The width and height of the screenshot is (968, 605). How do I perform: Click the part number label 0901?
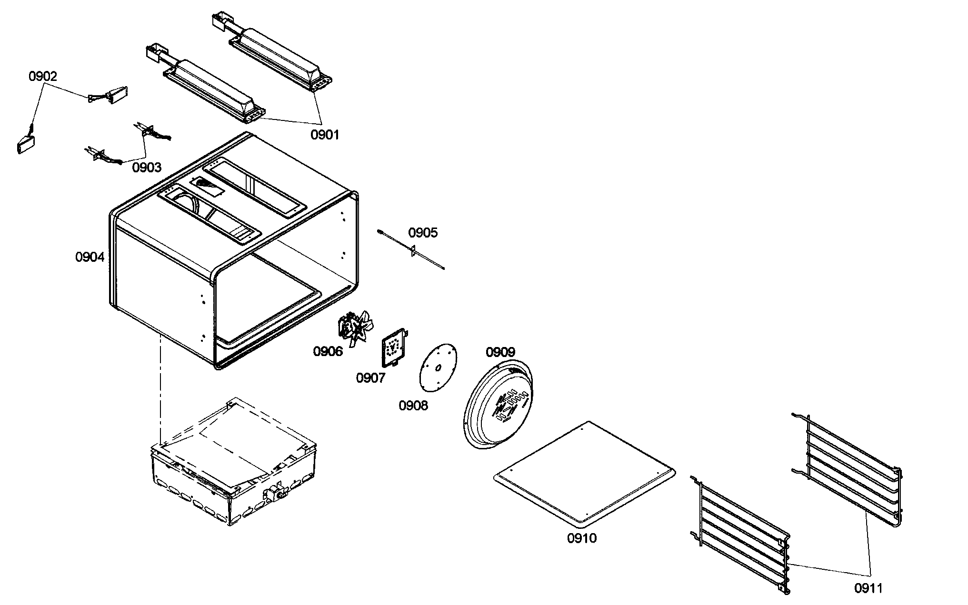pyautogui.click(x=325, y=135)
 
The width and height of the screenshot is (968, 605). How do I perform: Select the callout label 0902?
pyautogui.click(x=43, y=76)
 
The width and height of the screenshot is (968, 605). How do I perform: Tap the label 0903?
pyautogui.click(x=147, y=168)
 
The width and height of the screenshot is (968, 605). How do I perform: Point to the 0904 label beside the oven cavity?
pyautogui.click(x=90, y=258)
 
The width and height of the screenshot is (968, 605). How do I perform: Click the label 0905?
pyautogui.click(x=423, y=233)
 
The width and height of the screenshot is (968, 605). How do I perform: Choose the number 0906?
pyautogui.click(x=328, y=352)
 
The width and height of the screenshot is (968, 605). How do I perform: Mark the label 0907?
pyautogui.click(x=370, y=378)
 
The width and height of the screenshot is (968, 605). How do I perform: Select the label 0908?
pyautogui.click(x=413, y=406)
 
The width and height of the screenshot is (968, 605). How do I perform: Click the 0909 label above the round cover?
pyautogui.click(x=500, y=352)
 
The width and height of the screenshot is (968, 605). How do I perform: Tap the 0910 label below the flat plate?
pyautogui.click(x=581, y=538)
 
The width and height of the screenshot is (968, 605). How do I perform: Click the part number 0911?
pyautogui.click(x=868, y=589)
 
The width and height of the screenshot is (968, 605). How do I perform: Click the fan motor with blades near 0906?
pyautogui.click(x=355, y=328)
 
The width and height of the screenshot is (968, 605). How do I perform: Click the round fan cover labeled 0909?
pyautogui.click(x=499, y=410)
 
